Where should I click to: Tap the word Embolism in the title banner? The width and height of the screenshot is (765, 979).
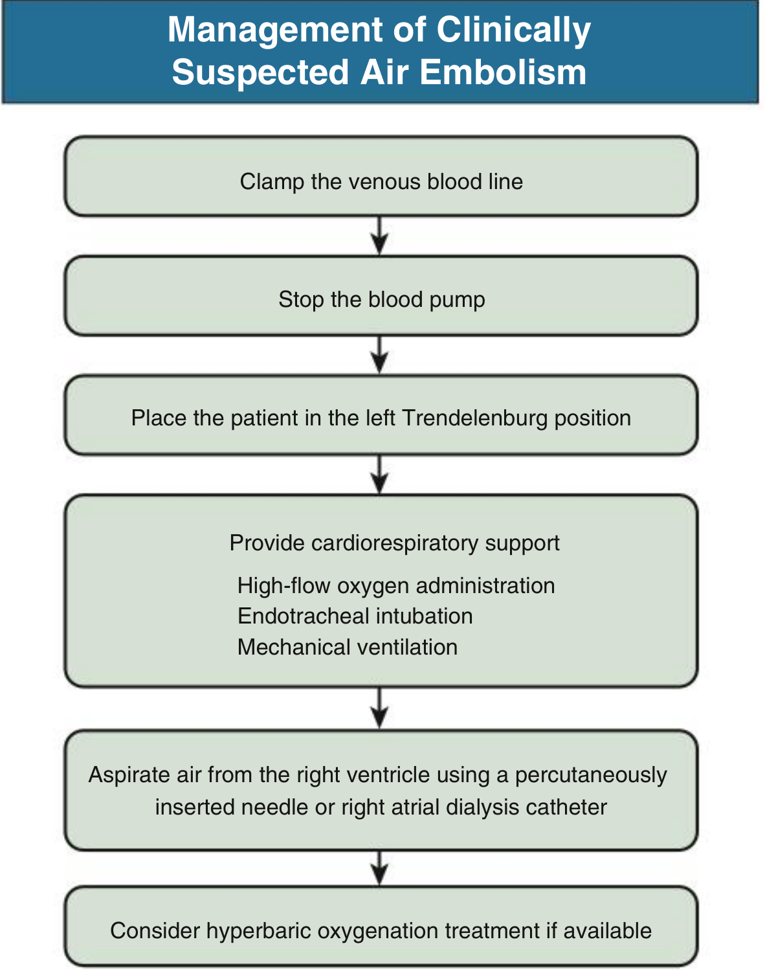click(503, 72)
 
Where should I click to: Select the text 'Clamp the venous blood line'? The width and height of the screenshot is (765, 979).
click(381, 182)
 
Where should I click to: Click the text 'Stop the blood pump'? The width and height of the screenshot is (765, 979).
click(382, 300)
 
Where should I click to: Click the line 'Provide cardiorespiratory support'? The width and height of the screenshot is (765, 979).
click(394, 543)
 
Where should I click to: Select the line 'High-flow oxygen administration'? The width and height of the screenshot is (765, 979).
click(396, 587)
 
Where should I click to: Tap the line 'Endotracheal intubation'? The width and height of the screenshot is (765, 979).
click(355, 616)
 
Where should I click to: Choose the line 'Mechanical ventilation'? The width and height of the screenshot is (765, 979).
click(348, 647)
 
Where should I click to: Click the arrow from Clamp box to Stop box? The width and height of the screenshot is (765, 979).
click(379, 236)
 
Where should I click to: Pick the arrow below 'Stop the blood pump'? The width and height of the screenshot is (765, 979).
click(379, 355)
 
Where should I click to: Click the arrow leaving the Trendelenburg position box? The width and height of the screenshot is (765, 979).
click(379, 475)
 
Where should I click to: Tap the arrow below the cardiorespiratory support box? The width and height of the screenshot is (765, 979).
click(379, 707)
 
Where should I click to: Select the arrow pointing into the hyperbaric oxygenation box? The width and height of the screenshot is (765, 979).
click(379, 867)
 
